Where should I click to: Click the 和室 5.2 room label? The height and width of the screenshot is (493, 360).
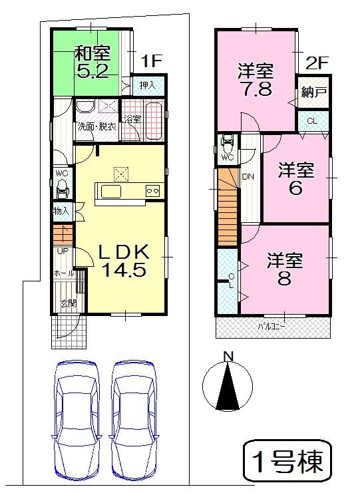tap(92, 62)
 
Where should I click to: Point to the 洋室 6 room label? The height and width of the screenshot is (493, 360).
tap(295, 178)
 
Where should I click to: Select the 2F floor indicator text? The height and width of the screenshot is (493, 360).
tap(317, 63)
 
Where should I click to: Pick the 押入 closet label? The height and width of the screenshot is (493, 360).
tap(148, 84)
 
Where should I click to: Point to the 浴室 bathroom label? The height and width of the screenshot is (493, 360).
tap(132, 119)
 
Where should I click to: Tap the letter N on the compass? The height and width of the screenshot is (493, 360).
tap(228, 357)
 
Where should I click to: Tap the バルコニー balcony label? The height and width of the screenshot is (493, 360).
tap(272, 327)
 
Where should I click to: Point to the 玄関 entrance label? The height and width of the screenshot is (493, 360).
tap(68, 304)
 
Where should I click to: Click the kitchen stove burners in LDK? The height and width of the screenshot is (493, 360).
tap(152, 191)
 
